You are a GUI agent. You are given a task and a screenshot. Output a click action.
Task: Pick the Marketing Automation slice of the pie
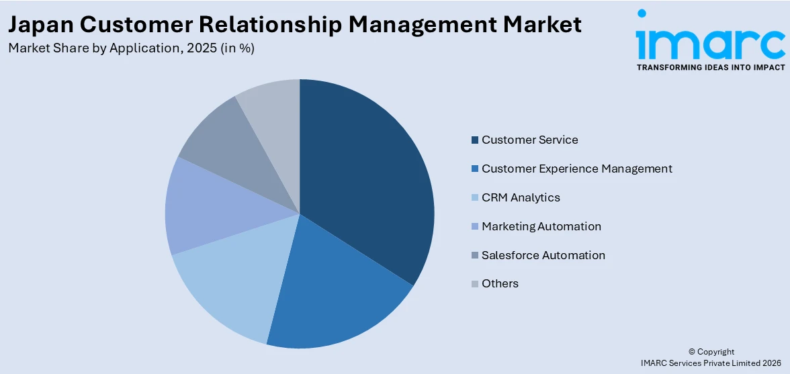click(x=202, y=208)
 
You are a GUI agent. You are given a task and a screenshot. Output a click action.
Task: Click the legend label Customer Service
click(x=529, y=140)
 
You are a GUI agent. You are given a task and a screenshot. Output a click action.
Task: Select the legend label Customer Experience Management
click(x=576, y=169)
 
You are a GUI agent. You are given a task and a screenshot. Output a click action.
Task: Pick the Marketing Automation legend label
click(x=541, y=226)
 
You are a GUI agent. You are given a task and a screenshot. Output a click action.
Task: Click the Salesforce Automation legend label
click(x=543, y=255)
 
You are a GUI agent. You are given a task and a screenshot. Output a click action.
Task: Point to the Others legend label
click(x=500, y=283)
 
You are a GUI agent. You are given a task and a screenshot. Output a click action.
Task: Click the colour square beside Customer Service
click(x=475, y=140)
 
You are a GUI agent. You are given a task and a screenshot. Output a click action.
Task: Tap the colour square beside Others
click(x=475, y=284)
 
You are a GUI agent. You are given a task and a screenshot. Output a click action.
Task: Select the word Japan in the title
click(x=42, y=25)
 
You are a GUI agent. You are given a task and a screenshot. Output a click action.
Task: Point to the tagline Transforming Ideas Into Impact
click(x=710, y=68)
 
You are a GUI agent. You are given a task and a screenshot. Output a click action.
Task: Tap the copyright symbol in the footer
click(x=693, y=352)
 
